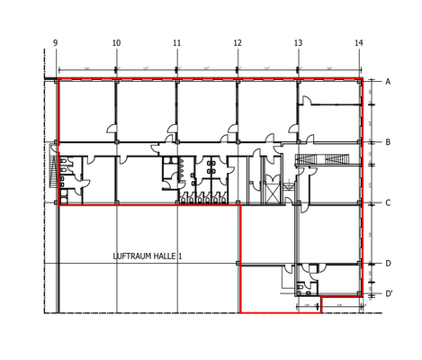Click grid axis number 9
(x=56, y=43)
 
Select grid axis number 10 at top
(x=116, y=43)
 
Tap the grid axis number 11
(x=176, y=43)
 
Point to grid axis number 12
(x=238, y=43)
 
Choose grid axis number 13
(x=298, y=43)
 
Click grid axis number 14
(x=359, y=43)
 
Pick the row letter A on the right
(x=388, y=82)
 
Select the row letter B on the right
(x=388, y=142)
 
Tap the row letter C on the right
(x=388, y=202)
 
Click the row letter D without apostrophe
(x=388, y=264)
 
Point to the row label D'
(x=389, y=293)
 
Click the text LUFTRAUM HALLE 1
(x=148, y=256)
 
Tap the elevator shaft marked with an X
(x=269, y=187)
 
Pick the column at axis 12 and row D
(x=238, y=264)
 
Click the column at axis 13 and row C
(x=298, y=202)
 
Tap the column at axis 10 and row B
(x=116, y=142)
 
